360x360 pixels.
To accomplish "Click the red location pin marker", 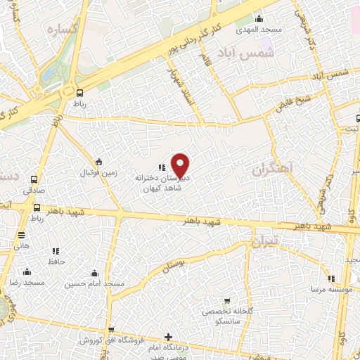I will coord(181,165).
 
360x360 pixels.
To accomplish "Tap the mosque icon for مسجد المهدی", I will coord(259,19).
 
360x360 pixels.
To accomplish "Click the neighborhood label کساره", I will coord(61,30).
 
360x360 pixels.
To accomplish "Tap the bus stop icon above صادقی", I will coord(36,179).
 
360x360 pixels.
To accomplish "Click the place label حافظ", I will coord(56,261).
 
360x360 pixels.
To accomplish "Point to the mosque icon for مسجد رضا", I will coord(27,271).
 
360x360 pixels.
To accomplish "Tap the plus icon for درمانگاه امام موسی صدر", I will coord(167,337).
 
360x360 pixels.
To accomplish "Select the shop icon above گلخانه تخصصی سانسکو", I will coord(226,301).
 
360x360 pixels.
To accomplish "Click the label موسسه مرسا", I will coord(324,289).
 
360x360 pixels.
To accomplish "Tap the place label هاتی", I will coord(21,245).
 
